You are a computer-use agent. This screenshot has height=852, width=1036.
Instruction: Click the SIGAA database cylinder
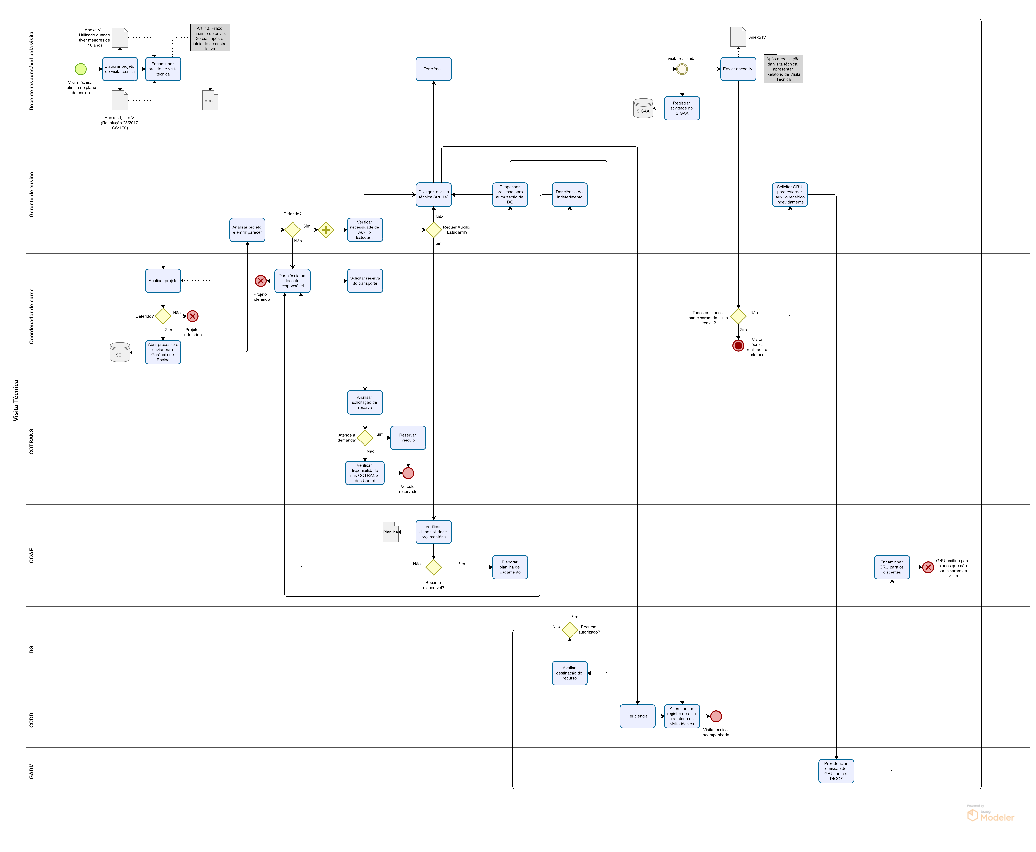(x=643, y=108)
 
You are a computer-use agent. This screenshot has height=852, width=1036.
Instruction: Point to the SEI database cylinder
(x=120, y=352)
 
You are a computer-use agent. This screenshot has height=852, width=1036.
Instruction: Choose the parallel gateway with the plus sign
(x=326, y=230)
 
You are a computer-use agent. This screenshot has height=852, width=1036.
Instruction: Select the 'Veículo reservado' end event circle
(x=408, y=473)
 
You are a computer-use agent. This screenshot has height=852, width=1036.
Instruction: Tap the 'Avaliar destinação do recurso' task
(x=570, y=673)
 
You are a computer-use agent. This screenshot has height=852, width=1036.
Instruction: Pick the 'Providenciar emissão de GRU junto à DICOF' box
(x=836, y=771)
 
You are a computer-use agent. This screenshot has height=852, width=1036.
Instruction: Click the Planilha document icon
(x=391, y=532)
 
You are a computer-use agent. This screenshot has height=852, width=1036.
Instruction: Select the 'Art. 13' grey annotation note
(x=210, y=38)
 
